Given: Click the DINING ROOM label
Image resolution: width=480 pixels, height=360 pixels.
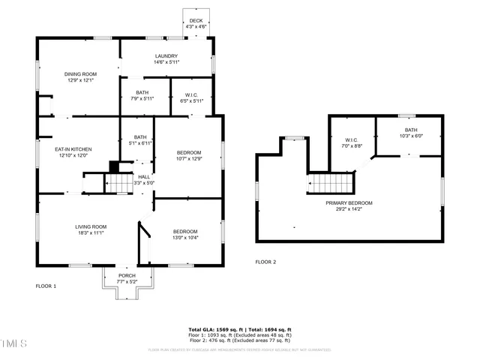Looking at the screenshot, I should click(x=81, y=73).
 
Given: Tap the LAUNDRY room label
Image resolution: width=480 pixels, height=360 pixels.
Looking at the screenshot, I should click(x=166, y=56).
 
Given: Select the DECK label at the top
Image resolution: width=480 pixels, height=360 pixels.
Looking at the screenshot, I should click(x=195, y=21).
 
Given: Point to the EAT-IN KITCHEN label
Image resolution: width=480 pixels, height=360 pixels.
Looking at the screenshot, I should click(x=72, y=150).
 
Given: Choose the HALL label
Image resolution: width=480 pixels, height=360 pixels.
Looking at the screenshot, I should click(x=143, y=177).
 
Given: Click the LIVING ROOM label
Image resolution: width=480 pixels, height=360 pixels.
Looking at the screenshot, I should click(x=90, y=226).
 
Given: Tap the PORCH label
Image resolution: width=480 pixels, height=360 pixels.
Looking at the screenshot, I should click(x=127, y=275).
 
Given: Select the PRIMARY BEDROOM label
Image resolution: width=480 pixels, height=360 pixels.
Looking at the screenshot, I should click(x=349, y=202).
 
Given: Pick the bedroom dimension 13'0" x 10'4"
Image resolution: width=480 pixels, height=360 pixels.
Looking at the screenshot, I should click(x=184, y=238).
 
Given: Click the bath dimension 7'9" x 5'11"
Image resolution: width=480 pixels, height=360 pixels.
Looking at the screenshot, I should click(x=142, y=98).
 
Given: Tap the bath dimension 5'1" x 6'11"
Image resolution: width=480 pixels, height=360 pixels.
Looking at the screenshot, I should click(x=139, y=142).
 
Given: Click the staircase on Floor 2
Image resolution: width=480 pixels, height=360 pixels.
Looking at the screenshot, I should click(x=330, y=183).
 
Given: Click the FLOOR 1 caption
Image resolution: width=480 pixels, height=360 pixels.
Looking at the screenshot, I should click(x=46, y=286).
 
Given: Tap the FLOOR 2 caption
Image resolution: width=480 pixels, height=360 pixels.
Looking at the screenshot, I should click(x=265, y=262).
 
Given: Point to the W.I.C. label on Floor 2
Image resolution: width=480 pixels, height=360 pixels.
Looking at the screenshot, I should click(x=352, y=139).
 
